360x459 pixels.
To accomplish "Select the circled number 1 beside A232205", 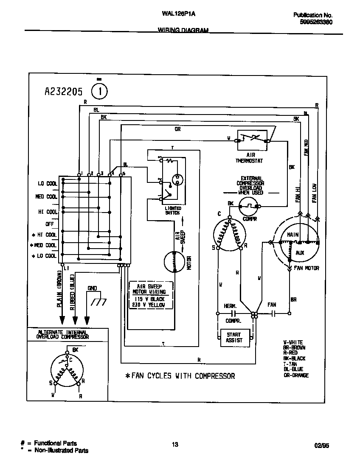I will point(100,91).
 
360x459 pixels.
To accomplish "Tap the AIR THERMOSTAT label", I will point(250,158).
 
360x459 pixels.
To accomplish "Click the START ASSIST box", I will point(233,337).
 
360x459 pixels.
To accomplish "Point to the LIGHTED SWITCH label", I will point(172,210).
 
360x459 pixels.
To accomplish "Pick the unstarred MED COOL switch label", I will point(46,197).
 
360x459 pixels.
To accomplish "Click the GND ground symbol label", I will point(92,288).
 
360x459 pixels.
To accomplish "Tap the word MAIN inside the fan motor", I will point(293,235).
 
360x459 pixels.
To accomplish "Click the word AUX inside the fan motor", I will point(300,252).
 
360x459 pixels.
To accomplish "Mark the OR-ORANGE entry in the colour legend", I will point(296,375).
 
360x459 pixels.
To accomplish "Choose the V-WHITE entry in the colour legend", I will point(293,342).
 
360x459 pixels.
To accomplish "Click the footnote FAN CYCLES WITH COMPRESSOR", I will point(180,376).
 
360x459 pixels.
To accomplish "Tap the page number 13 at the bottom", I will point(175,445).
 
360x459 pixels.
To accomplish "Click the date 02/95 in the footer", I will point(322,446).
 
